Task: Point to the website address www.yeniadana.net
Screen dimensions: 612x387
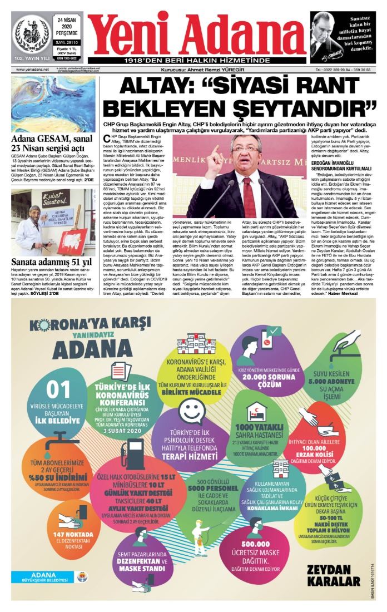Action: coord(33,70)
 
